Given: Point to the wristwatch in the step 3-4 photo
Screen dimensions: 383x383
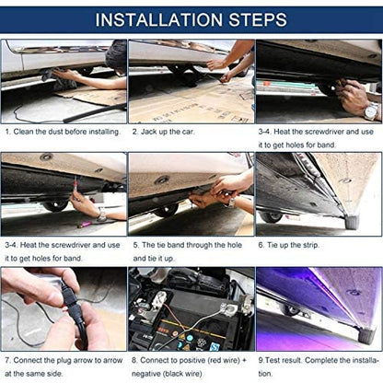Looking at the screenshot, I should pos(370,111).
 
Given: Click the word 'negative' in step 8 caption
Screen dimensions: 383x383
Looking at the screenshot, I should pos(151,373).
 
